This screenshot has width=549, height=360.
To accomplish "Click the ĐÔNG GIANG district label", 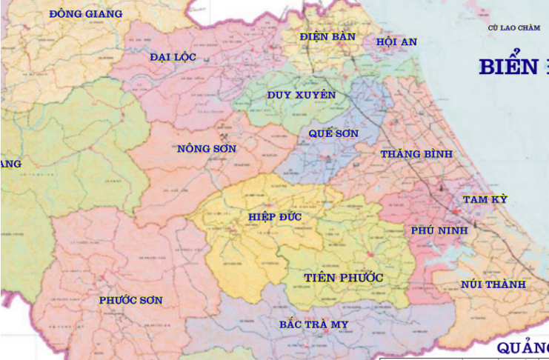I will (x=86, y=13).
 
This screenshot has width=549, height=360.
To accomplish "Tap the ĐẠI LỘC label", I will (x=172, y=57).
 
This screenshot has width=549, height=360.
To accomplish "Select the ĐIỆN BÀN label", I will (x=327, y=36).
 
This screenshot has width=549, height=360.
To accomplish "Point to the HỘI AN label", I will (x=396, y=41).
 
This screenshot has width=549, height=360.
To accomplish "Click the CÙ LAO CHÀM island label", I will (x=514, y=27).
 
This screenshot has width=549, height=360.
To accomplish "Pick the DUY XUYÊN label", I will (x=302, y=95).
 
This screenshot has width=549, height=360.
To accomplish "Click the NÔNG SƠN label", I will (x=207, y=149).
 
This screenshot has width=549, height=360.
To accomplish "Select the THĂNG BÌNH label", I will (x=416, y=154).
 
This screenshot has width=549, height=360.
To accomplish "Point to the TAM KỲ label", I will (x=485, y=199).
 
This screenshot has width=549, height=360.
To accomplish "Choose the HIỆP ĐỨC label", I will (x=276, y=216).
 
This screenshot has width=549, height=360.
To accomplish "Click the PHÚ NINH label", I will (x=439, y=230).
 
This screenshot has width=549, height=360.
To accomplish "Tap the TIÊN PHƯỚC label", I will (x=343, y=278).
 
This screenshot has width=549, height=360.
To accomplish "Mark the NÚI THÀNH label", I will (x=493, y=284).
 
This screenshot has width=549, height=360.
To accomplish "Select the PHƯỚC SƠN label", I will (x=130, y=300).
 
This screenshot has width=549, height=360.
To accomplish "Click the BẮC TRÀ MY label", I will (x=313, y=324).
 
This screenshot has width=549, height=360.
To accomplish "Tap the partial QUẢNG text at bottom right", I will (x=522, y=348).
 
